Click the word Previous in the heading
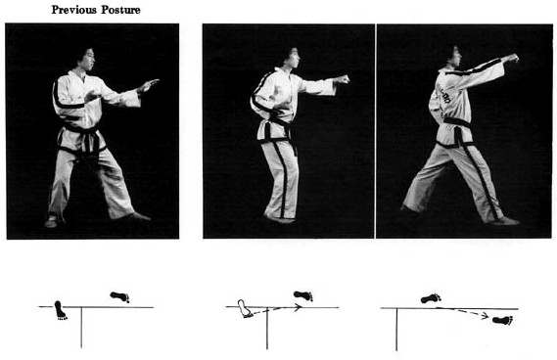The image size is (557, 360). (x=74, y=10)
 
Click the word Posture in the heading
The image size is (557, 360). (x=120, y=10)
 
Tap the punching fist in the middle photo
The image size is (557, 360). (x=342, y=79)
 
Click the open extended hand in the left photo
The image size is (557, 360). (x=149, y=85)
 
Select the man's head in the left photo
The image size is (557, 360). (x=85, y=60)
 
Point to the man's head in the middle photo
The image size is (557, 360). (x=291, y=58)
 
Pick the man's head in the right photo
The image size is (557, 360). (x=453, y=56)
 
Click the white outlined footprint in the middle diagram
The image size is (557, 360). (x=246, y=308)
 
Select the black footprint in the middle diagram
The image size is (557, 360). (x=303, y=295)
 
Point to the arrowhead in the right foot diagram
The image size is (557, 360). (x=485, y=315)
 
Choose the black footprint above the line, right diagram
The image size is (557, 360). (x=431, y=298)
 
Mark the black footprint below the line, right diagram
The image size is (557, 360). (x=503, y=320)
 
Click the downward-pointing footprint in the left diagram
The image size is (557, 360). (x=60, y=310)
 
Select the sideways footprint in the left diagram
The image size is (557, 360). (x=119, y=296)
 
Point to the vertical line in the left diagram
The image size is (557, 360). (x=81, y=328)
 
